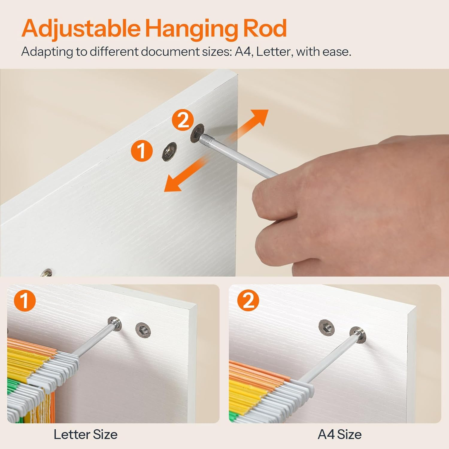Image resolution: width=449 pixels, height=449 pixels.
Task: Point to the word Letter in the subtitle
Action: click(274, 51)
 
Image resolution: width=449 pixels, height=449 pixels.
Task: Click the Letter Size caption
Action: click(86, 434)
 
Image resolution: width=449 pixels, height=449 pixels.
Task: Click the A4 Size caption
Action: click(339, 434)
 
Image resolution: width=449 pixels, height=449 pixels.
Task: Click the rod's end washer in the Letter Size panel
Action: click(115, 323)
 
